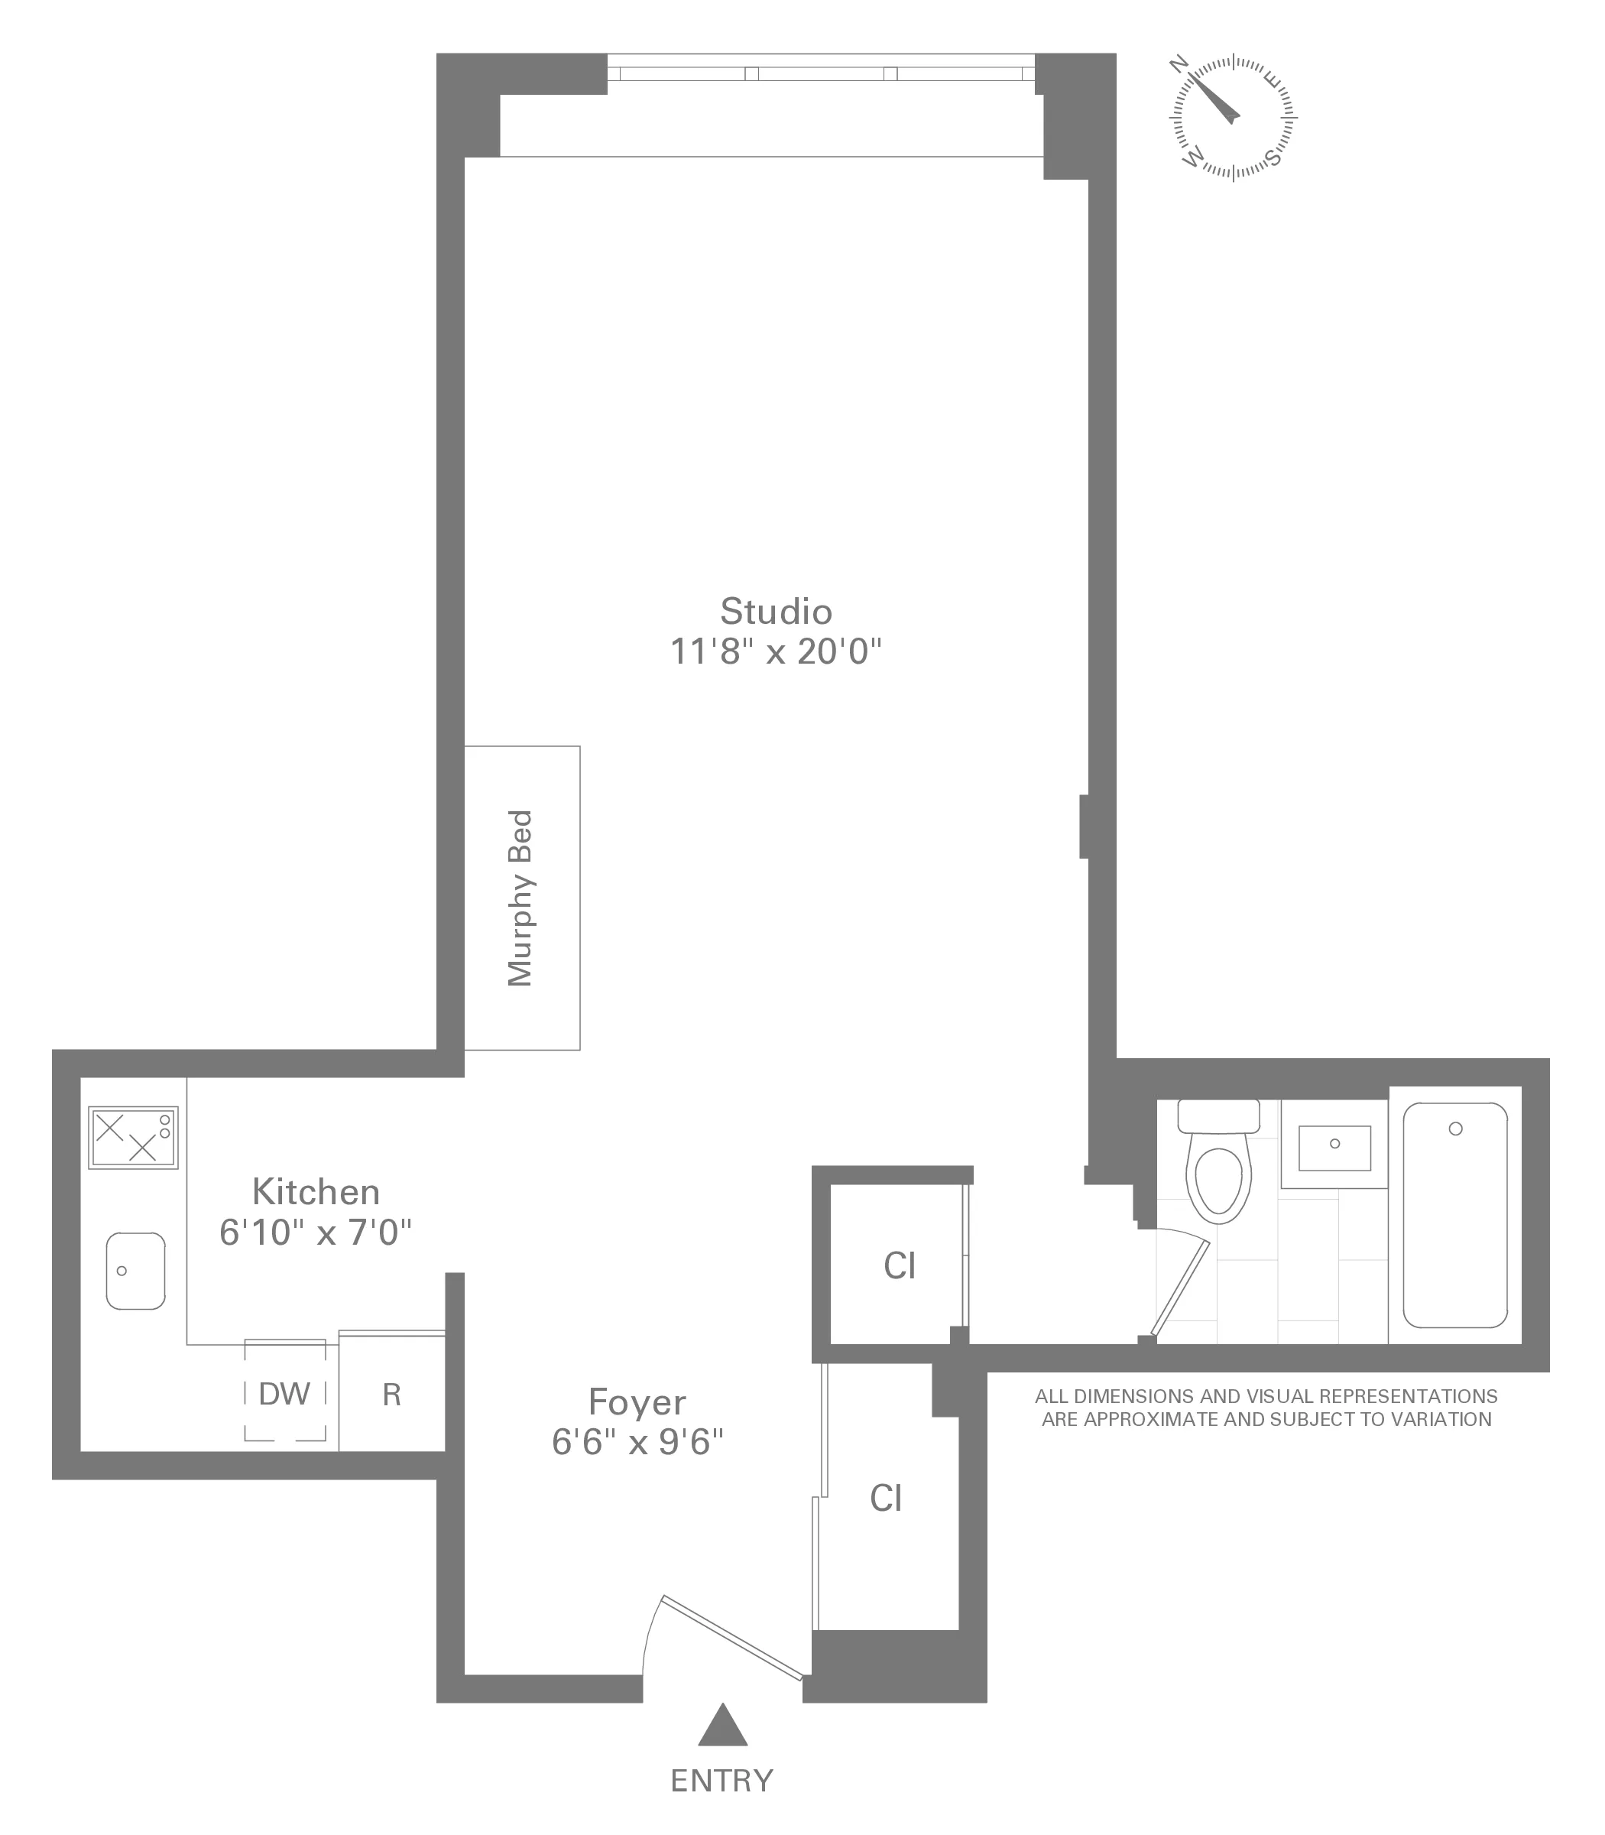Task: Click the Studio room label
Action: tap(776, 612)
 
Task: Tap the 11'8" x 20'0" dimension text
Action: tap(776, 652)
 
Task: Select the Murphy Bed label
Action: tap(520, 898)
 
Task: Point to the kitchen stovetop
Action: tap(132, 1137)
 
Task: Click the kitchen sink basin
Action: tap(135, 1271)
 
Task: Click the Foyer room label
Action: tap(637, 1402)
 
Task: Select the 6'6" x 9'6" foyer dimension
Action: tap(637, 1443)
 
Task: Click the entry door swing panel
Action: tap(731, 1637)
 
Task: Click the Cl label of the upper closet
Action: tap(900, 1266)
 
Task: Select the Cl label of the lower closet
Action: tap(886, 1498)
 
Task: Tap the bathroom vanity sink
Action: tap(1334, 1148)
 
